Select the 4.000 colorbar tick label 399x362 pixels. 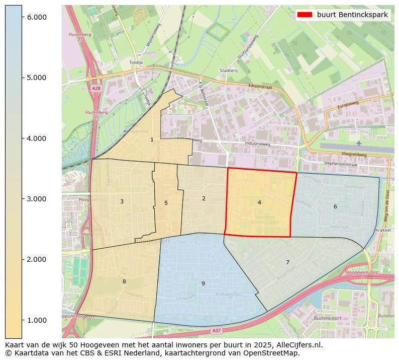36,138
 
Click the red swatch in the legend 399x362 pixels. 305,15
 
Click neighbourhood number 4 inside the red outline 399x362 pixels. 259,202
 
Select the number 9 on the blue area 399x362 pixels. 203,283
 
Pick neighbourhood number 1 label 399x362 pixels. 152,139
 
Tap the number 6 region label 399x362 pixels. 335,206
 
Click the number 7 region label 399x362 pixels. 287,262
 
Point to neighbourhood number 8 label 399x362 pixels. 124,281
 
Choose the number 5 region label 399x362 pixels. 166,203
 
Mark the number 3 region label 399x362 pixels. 122,201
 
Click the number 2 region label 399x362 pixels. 204,198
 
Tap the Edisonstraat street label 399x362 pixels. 260,87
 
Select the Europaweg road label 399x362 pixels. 349,106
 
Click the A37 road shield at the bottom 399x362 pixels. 216,330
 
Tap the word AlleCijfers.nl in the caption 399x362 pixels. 296,345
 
